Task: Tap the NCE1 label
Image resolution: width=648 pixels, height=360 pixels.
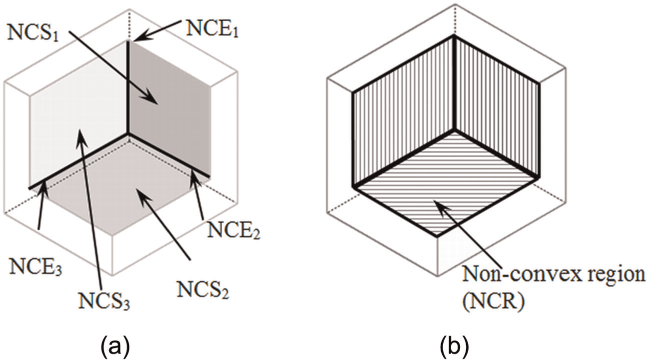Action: [x=212, y=28]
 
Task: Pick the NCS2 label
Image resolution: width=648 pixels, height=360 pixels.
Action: [x=203, y=290]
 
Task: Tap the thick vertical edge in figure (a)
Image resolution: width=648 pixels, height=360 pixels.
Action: [x=127, y=87]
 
